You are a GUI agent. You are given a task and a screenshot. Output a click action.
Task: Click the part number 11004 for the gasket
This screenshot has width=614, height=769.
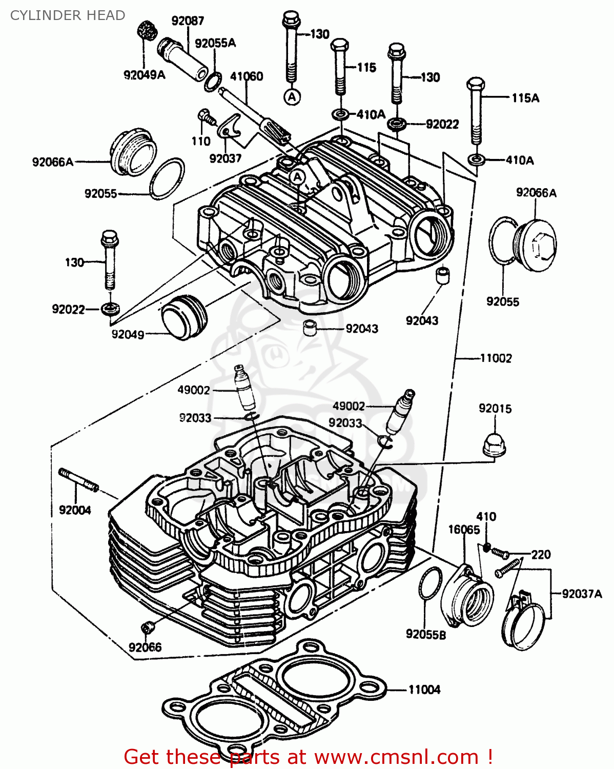coord(424,690)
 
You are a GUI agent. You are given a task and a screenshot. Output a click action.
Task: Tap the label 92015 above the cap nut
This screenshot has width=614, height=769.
coord(495,409)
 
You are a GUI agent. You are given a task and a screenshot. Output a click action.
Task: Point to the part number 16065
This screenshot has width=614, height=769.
coord(464,530)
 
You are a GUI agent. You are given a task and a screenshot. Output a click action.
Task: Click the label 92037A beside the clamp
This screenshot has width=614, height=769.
coord(582,594)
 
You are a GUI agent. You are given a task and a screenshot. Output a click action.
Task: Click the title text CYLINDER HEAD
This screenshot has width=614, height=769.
coord(68,15)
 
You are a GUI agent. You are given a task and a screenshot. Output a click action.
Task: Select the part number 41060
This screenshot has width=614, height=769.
coord(247,76)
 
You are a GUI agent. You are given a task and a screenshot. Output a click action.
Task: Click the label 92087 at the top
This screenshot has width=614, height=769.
coord(188,21)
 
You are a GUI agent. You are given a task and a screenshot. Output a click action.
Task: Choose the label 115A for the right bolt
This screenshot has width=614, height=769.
coord(525,98)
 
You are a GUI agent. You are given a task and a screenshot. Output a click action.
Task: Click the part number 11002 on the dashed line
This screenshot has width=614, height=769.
coord(496,358)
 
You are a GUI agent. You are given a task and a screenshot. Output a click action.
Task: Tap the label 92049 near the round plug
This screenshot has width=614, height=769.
coord(128,335)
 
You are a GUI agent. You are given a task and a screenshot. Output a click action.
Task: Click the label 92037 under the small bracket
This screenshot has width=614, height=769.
coord(225,158)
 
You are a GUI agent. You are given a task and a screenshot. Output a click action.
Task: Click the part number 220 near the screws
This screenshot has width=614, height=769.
coord(541,554)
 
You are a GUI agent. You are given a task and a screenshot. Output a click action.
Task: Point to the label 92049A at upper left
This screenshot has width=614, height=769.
coord(145,75)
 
